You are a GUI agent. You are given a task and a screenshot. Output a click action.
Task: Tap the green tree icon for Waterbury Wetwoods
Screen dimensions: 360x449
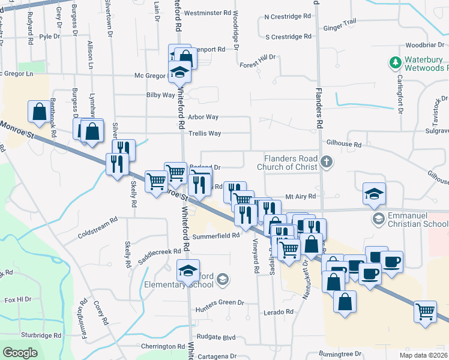395,62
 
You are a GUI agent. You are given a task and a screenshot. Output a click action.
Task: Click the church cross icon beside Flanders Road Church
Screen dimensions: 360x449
326,161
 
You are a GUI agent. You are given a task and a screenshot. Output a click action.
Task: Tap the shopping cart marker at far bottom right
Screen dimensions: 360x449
425,311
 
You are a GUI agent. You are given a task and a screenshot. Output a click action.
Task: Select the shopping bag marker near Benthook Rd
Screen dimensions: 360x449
39,112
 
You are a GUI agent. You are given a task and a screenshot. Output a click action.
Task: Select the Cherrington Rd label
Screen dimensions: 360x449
163,346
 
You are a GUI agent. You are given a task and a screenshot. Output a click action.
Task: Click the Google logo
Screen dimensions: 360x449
21,353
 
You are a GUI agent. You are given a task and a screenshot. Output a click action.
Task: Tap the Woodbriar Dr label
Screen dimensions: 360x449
424,45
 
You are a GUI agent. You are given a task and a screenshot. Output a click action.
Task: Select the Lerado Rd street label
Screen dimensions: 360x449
277,312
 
